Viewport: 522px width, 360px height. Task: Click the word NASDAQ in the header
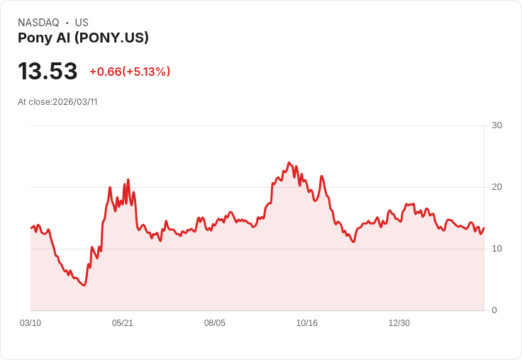coord(38,23)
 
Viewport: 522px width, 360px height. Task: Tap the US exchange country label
coord(82,23)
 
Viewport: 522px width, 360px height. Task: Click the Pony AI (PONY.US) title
coord(83,38)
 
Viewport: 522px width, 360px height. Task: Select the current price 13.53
coord(48,72)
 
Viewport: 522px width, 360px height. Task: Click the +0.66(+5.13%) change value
coord(130,72)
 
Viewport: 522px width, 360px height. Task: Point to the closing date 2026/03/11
coord(75,102)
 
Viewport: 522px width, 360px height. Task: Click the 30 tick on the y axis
coord(496,125)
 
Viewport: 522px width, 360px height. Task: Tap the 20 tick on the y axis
coord(496,187)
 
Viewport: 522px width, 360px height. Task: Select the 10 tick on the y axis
coord(496,249)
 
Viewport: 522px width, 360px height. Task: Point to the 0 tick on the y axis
coord(494,310)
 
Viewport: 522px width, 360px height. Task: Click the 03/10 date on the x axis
coord(30,323)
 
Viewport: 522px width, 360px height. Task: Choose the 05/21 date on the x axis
coord(123,323)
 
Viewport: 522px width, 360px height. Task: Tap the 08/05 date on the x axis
coord(215,323)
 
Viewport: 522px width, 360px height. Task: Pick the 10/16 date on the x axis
coord(307,323)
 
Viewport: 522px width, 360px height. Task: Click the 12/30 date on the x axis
coord(399,323)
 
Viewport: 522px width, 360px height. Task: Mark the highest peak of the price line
coord(289,162)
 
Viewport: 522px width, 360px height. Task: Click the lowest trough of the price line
coord(84,285)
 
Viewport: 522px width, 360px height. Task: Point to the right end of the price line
coord(484,227)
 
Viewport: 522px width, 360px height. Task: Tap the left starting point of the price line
coord(31,227)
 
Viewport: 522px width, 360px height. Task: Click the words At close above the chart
coord(34,102)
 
